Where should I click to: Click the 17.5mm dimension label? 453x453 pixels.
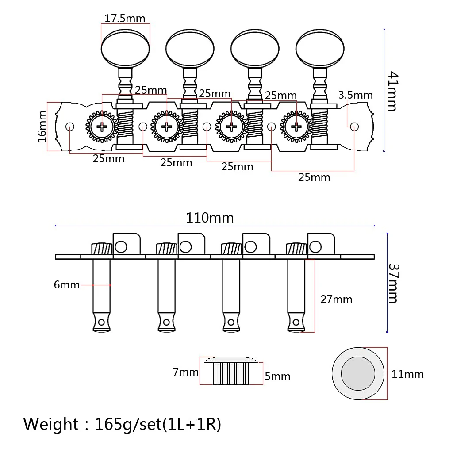(125, 19)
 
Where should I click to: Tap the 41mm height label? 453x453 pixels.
(393, 91)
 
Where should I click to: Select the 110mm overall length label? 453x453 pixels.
(210, 218)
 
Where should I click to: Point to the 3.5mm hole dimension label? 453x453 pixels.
(356, 95)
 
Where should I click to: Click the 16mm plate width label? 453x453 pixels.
(42, 127)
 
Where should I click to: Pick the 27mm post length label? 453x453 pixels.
(336, 299)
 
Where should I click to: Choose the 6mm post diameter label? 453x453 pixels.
(67, 285)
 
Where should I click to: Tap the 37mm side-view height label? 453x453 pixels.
(393, 283)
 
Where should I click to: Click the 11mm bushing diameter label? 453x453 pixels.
(407, 374)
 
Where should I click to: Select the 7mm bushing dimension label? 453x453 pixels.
(186, 372)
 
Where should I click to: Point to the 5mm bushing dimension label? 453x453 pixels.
(278, 376)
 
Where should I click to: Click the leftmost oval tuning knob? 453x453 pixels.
(125, 48)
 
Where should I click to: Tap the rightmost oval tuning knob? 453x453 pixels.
(320, 48)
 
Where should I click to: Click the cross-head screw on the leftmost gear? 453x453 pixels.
(102, 127)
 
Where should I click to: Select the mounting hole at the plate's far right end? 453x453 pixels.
(354, 127)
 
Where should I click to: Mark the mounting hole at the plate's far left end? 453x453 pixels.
(70, 127)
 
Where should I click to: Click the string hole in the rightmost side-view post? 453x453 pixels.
(296, 322)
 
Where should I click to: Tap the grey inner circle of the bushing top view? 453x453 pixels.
(358, 373)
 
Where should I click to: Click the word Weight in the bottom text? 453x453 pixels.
(51, 424)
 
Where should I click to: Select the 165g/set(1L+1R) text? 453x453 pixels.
(158, 424)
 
